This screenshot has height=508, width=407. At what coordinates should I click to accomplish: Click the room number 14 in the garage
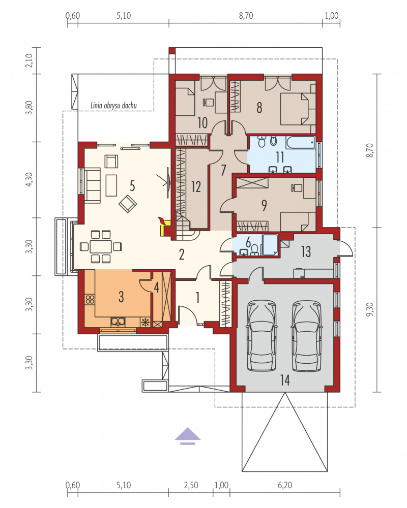pyautogui.click(x=285, y=380)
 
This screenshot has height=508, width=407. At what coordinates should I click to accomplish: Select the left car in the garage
pyautogui.click(x=261, y=335)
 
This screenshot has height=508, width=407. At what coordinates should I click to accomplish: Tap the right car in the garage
pyautogui.click(x=307, y=335)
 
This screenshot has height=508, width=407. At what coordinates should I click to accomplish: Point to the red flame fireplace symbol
pyautogui.click(x=161, y=220)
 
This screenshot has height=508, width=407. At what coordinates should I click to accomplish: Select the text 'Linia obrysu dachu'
pyautogui.click(x=113, y=105)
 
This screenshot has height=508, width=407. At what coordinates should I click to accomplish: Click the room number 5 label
pyautogui.click(x=132, y=186)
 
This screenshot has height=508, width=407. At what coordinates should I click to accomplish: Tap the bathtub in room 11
pyautogui.click(x=301, y=142)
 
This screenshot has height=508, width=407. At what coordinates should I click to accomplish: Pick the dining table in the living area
pyautogui.click(x=101, y=246)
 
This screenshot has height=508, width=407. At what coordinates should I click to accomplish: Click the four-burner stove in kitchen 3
pyautogui.click(x=90, y=299)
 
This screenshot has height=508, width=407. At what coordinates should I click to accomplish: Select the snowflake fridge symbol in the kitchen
pyautogui.click(x=146, y=322)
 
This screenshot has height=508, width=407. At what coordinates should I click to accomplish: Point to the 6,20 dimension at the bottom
pyautogui.click(x=285, y=485)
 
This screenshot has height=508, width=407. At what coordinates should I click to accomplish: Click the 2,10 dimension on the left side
pyautogui.click(x=30, y=60)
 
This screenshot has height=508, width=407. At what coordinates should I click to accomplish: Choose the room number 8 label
pyautogui.click(x=259, y=108)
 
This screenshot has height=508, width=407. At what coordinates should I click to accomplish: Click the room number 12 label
pyautogui.click(x=196, y=187)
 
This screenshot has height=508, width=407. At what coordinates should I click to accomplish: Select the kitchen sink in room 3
pyautogui.click(x=118, y=322)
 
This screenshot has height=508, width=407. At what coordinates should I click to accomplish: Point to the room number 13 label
pyautogui.click(x=306, y=251)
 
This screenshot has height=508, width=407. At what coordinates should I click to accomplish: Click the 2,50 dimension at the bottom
pyautogui.click(x=191, y=485)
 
